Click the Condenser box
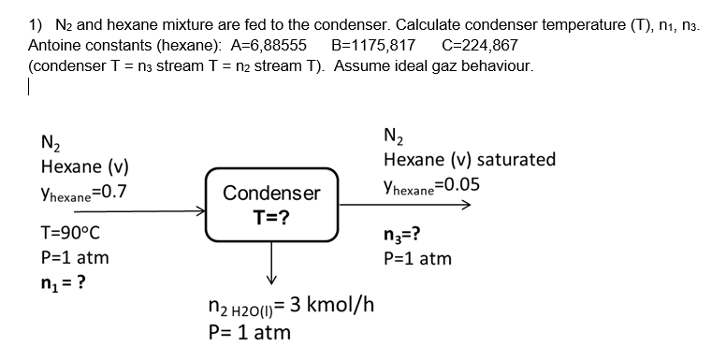[270, 206]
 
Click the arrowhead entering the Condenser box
[199, 211]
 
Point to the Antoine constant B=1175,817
[375, 45]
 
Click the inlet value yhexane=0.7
[84, 193]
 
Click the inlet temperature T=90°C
[71, 233]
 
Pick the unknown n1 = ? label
[65, 283]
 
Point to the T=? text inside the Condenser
[271, 218]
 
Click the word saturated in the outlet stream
[515, 159]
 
